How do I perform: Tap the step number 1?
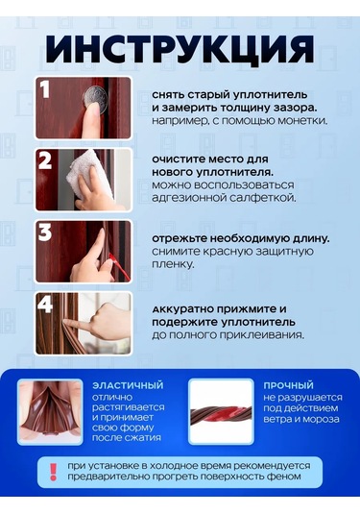[x=44, y=89]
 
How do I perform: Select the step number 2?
[x=45, y=161]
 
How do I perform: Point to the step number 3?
[x=45, y=233]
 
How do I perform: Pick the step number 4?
[x=45, y=305]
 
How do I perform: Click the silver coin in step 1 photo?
[x=95, y=100]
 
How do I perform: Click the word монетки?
[x=302, y=121]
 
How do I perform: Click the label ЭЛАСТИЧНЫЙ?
[x=128, y=385]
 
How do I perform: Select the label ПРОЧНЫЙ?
[x=289, y=385]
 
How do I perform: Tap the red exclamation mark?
[x=53, y=472]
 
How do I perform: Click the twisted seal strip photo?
[x=221, y=412]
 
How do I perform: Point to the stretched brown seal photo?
[x=50, y=412]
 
